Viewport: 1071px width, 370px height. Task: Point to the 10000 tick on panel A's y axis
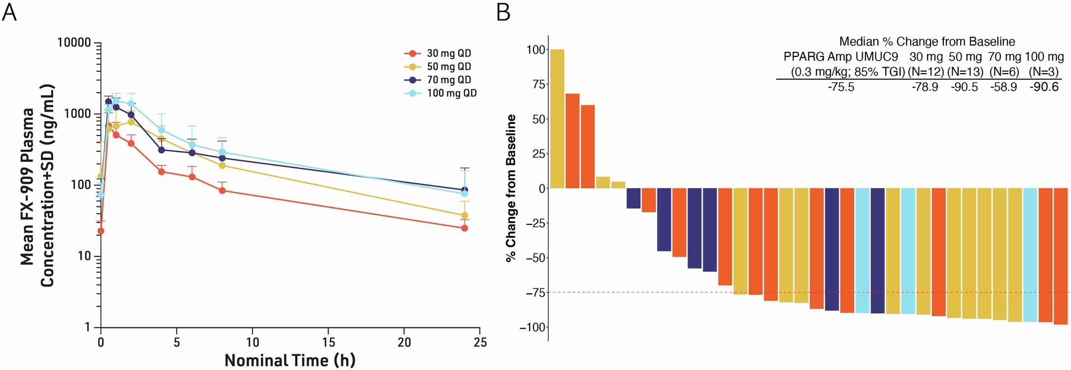pyautogui.click(x=74, y=43)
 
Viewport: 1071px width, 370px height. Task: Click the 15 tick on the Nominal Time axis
pyautogui.click(x=328, y=342)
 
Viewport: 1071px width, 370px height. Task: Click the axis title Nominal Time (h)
pyautogui.click(x=290, y=360)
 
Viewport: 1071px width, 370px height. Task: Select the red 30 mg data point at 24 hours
pyautogui.click(x=464, y=228)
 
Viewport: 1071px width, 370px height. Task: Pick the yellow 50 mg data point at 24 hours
pyautogui.click(x=464, y=216)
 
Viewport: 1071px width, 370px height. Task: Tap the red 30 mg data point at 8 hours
pyautogui.click(x=222, y=190)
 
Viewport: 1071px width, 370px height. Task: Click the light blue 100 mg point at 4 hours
pyautogui.click(x=161, y=130)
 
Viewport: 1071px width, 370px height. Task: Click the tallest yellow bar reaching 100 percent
pyautogui.click(x=557, y=119)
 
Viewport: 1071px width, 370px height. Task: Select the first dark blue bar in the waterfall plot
pyautogui.click(x=633, y=198)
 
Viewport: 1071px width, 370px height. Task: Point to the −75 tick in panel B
pyautogui.click(x=535, y=293)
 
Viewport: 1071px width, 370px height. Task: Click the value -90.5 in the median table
pyautogui.click(x=964, y=87)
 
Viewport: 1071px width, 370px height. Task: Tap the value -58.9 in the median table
pyautogui.click(x=1004, y=87)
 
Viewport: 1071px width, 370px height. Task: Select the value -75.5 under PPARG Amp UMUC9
pyautogui.click(x=841, y=87)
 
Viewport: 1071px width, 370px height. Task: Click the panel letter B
pyautogui.click(x=503, y=12)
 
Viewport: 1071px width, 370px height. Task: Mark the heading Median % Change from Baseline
pyautogui.click(x=927, y=42)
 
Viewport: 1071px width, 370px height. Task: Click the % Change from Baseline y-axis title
pyautogui.click(x=511, y=188)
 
